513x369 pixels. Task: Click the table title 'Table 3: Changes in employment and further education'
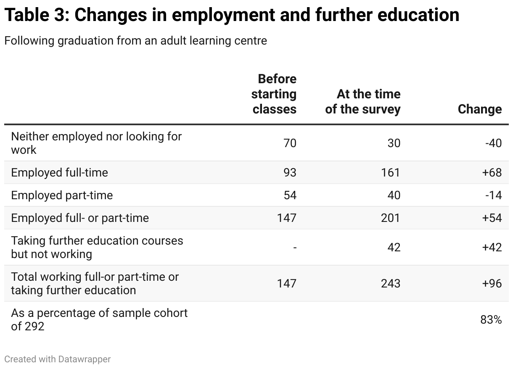pos(232,16)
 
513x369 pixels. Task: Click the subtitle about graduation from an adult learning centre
pos(135,41)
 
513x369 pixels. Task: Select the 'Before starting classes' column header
pos(274,94)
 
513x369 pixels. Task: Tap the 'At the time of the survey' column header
pos(363,102)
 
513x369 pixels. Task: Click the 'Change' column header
pos(479,109)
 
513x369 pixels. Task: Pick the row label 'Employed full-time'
pos(59,173)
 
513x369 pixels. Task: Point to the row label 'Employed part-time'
pos(62,195)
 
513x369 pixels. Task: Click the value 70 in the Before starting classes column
pos(289,143)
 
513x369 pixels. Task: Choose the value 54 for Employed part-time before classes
pos(289,195)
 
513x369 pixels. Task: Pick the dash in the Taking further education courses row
pos(295,248)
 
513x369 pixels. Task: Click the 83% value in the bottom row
pos(491,320)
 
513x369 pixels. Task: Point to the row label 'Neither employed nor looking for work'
pos(96,143)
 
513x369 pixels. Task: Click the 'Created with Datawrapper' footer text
pos(58,359)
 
